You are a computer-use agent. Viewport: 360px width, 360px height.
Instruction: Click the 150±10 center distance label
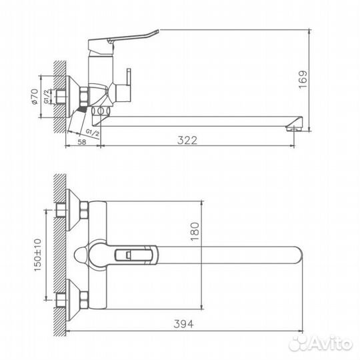[x=37, y=254]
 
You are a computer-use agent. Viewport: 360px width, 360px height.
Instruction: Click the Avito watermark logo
[x=327, y=342]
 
